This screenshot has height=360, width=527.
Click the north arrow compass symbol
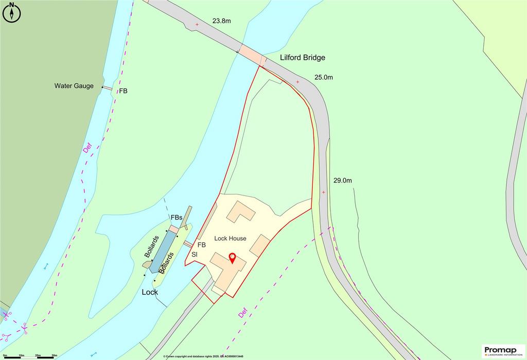pos(11,12)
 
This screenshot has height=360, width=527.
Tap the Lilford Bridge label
pos(303,58)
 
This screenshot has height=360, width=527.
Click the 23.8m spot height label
pos(222,22)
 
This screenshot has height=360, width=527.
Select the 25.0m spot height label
pos(324,78)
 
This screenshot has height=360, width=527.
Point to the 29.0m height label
pos(342,181)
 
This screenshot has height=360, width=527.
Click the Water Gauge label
pos(74,86)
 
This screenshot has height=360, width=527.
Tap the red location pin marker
pos(232,258)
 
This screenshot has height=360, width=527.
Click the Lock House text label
pos(230,239)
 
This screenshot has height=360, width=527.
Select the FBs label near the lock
pos(177,218)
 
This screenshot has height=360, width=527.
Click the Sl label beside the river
pos(195,255)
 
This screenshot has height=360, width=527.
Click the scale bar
pos(29,356)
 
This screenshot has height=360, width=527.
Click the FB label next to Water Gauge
pos(123,91)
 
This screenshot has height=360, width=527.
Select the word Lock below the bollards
pos(150,292)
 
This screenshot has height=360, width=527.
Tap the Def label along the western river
pos(86,148)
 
